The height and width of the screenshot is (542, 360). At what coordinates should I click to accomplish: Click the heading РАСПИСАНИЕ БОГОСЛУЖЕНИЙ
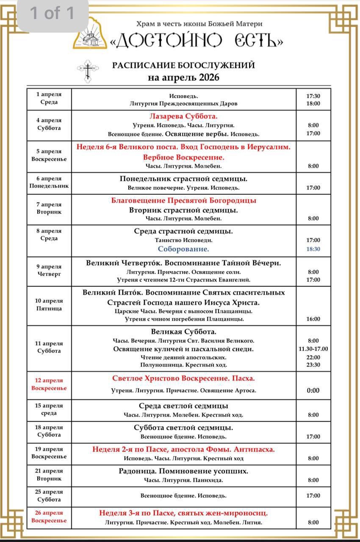[x=183, y=65]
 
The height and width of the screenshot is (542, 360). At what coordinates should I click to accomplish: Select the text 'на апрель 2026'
[x=183, y=78]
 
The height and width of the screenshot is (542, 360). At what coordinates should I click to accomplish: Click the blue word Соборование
[x=183, y=249]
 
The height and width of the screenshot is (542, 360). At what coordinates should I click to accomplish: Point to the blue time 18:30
[x=313, y=249]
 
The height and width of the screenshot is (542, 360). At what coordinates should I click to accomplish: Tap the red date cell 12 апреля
[x=49, y=384]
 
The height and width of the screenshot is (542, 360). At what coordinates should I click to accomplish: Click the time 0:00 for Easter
[x=313, y=390]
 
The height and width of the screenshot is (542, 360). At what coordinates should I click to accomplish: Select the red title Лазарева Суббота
[x=183, y=116]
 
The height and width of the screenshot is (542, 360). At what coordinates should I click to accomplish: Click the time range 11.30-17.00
[x=313, y=349]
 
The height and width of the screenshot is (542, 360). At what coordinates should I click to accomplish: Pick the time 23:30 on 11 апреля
[x=313, y=365]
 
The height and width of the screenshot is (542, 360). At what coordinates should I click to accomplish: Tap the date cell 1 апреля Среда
[x=49, y=98]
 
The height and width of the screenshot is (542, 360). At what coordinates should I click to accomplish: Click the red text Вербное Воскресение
[x=183, y=157]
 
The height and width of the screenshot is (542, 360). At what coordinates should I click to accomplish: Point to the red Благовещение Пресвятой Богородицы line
[x=183, y=200]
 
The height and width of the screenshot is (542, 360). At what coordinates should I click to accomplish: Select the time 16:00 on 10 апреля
[x=313, y=319]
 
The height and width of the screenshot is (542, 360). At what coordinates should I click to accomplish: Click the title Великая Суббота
[x=183, y=332]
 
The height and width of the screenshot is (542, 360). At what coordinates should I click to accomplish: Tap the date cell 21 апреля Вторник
[x=49, y=475]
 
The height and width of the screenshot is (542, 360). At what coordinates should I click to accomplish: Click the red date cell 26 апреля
[x=49, y=517]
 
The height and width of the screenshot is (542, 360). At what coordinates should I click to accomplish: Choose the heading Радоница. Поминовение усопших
[x=183, y=471]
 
